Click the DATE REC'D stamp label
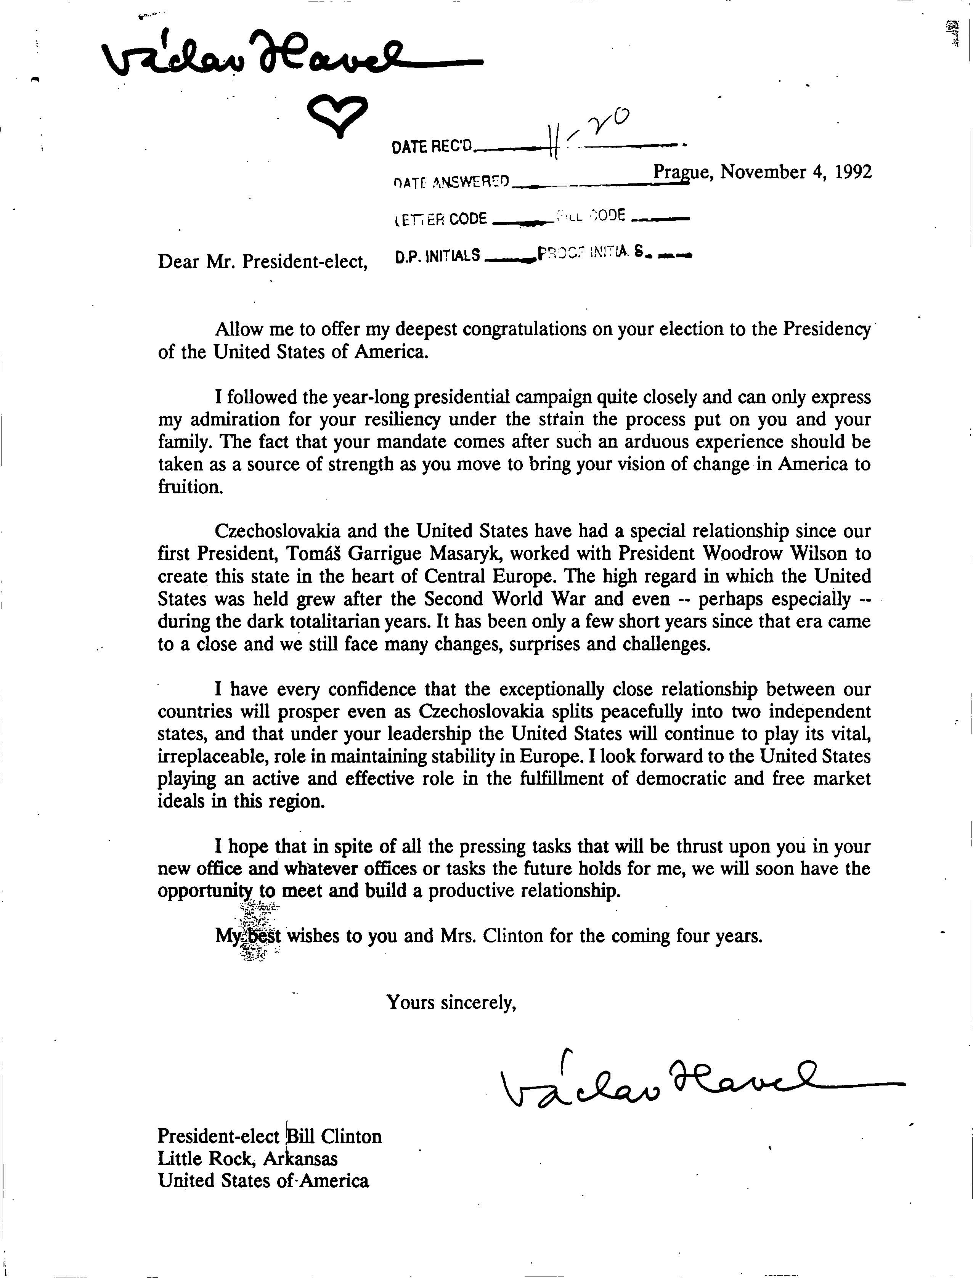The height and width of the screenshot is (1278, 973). click(x=432, y=147)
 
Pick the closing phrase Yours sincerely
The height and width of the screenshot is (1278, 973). click(x=451, y=1002)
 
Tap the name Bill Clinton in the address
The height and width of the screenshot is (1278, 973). click(x=334, y=1136)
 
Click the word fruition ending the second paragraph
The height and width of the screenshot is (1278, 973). click(x=190, y=486)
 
